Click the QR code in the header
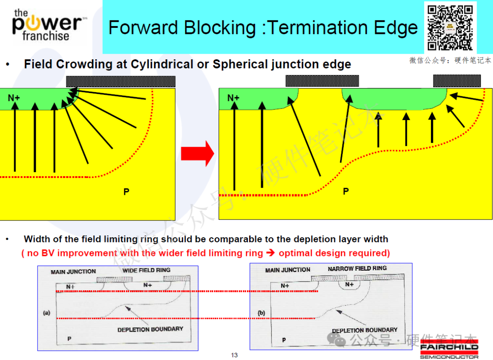pos(450,28)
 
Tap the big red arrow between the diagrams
pos(198,154)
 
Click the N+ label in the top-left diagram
pos(14,98)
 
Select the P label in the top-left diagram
pos(126,192)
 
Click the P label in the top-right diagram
pos(346,191)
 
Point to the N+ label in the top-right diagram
pos(233,98)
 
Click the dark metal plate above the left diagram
pos(121,82)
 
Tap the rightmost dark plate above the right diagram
pos(457,81)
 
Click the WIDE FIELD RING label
pos(146,270)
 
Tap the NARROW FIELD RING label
pos(357,269)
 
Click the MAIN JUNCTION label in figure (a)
pos(73,272)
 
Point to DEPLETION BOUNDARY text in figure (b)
pos(365,330)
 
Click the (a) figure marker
pos(47,313)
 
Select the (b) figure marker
pos(261,313)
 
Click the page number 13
pos(234,355)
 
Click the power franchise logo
pos(47,25)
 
